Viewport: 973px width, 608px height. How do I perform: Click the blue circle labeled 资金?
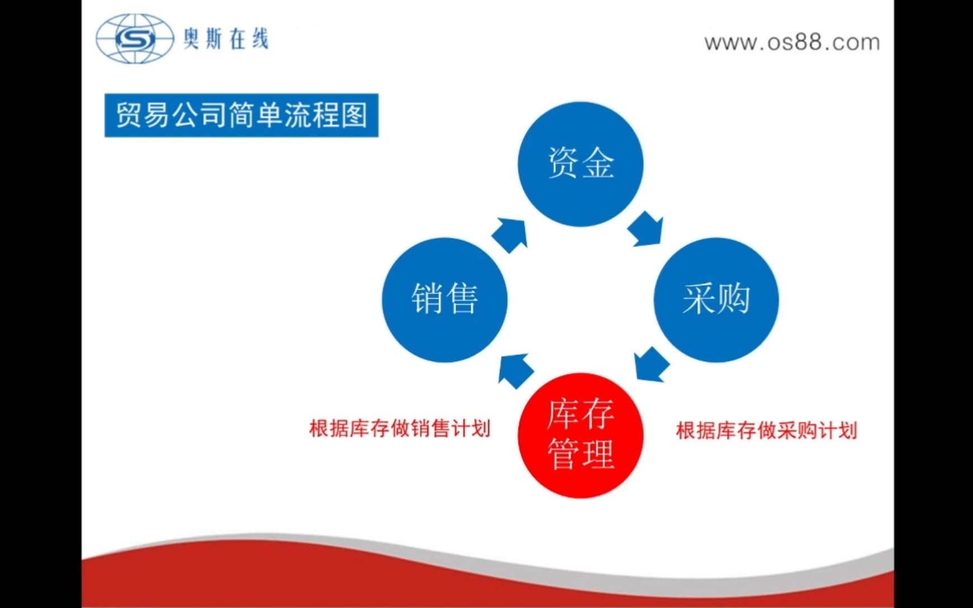pyautogui.click(x=580, y=164)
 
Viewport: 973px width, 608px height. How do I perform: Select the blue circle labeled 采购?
pyautogui.click(x=716, y=300)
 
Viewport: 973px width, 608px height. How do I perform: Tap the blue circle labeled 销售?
pyautogui.click(x=445, y=300)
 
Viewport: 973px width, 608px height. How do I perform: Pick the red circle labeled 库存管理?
pyautogui.click(x=580, y=435)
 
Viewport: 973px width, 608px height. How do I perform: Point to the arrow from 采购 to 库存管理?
pyautogui.click(x=651, y=364)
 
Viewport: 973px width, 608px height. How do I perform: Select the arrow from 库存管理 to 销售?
pyautogui.click(x=516, y=370)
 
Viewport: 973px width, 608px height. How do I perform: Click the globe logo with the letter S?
pyautogui.click(x=135, y=39)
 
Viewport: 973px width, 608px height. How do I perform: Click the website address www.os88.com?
pyautogui.click(x=792, y=42)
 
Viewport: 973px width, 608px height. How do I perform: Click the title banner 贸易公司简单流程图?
pyautogui.click(x=242, y=115)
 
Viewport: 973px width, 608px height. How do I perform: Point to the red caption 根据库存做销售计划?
pyautogui.click(x=400, y=429)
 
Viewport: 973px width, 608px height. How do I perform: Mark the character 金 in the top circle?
pyautogui.click(x=598, y=163)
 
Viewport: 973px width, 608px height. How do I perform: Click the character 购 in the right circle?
pyautogui.click(x=734, y=299)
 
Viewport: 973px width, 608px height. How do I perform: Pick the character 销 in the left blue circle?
pyautogui.click(x=428, y=299)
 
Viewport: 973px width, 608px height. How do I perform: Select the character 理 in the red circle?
pyautogui.click(x=598, y=453)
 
